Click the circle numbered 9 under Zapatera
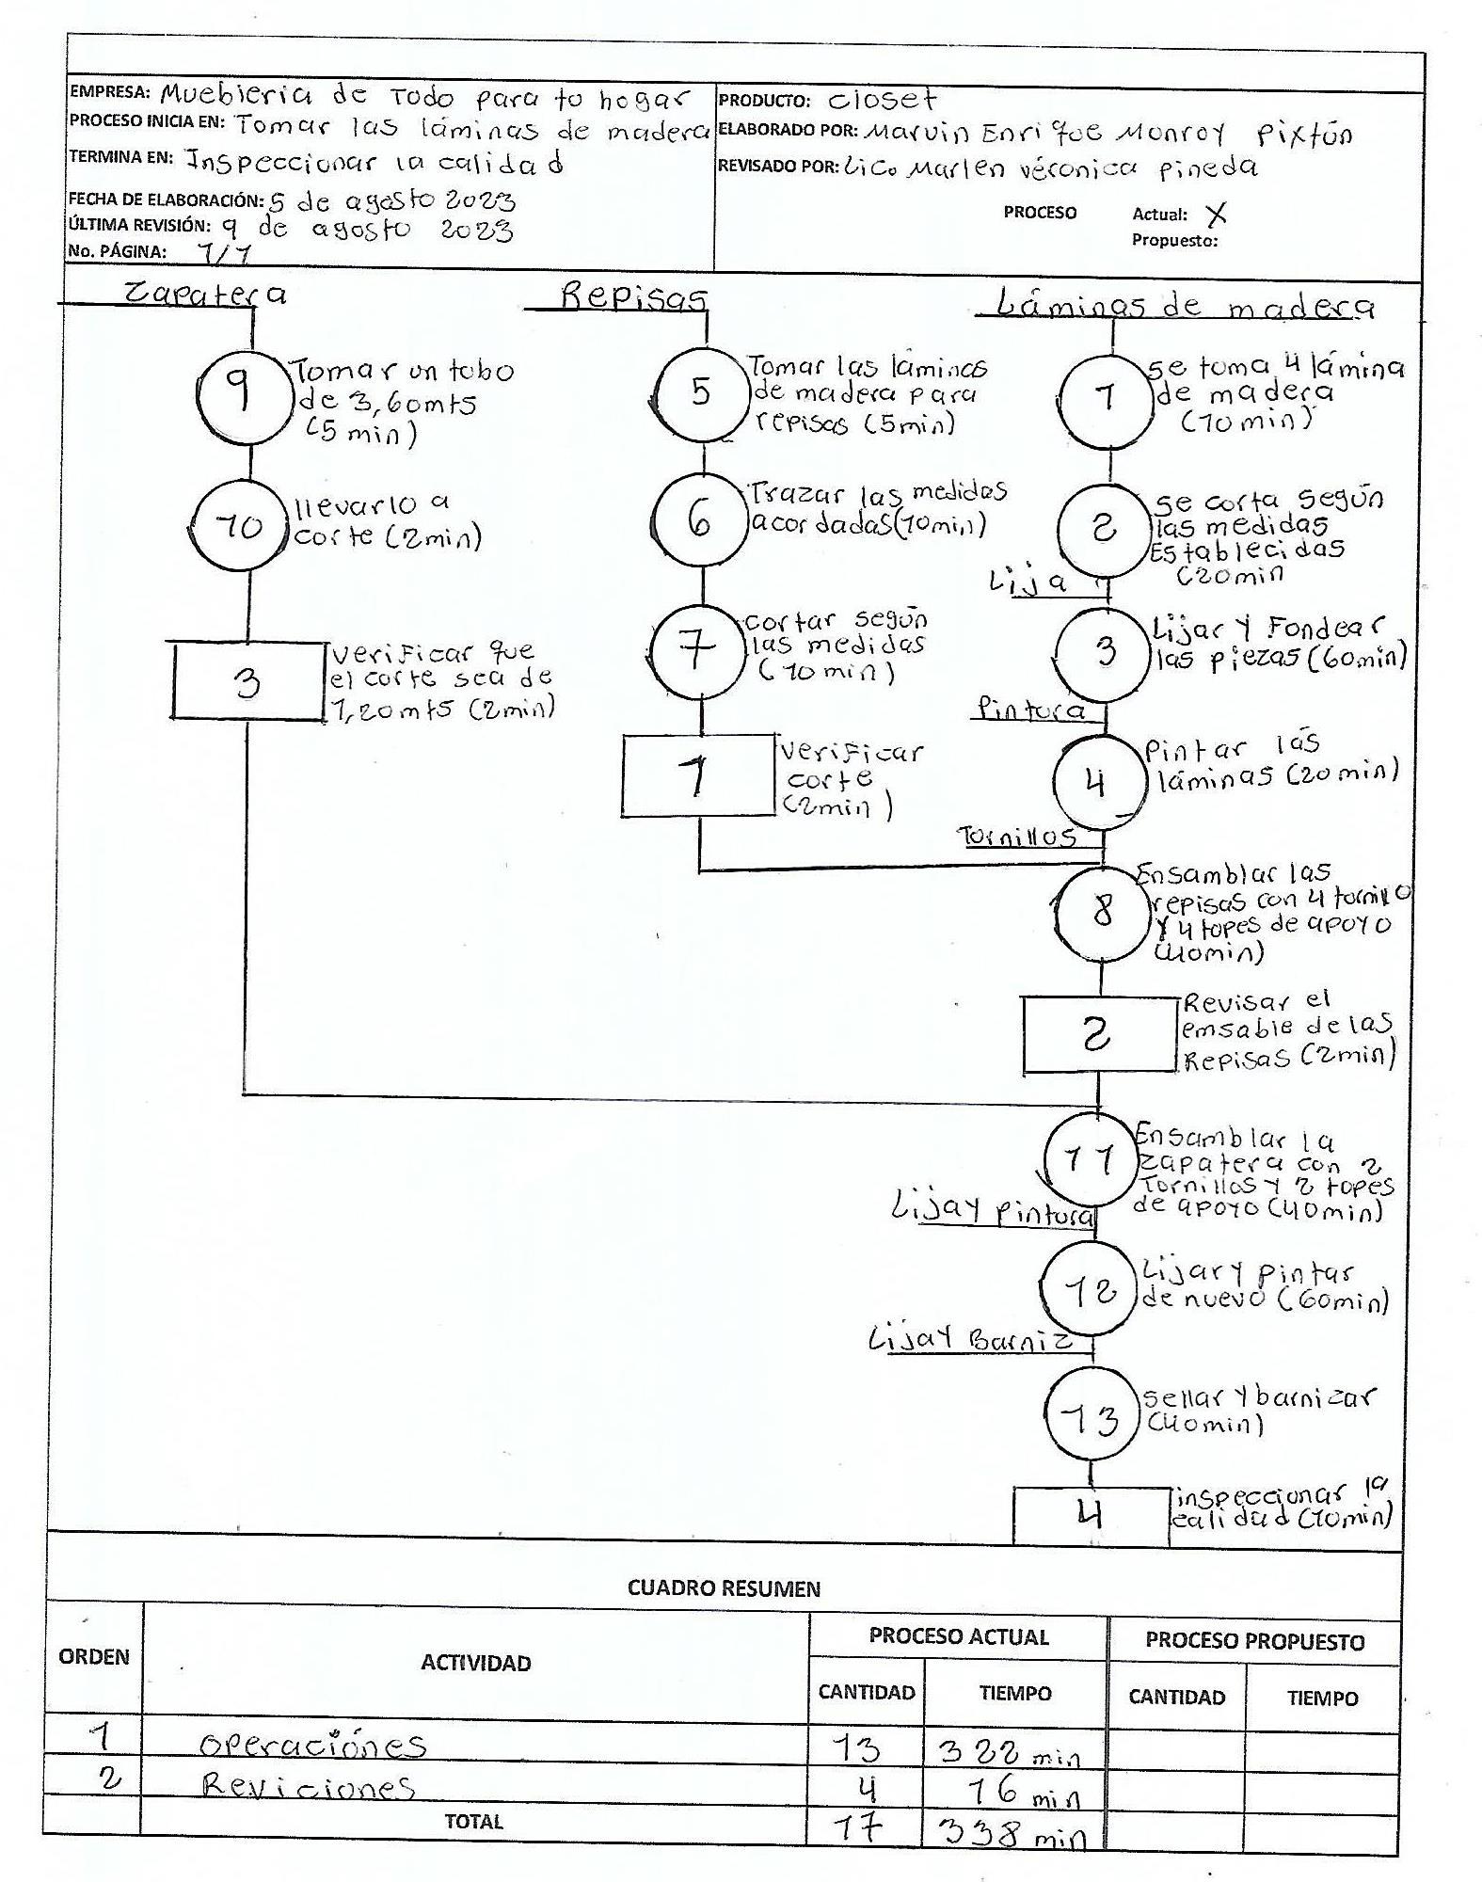pos(243,392)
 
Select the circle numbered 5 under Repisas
pos(700,392)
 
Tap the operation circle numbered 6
pos(700,521)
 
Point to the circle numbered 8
pos(1102,912)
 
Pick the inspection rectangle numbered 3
pos(247,681)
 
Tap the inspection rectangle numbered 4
pos(1090,1515)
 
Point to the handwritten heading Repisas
pos(633,297)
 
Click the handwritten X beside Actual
pos(1216,215)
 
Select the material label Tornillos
pos(1016,837)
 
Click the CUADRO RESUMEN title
pos(724,1589)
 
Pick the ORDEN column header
pos(94,1657)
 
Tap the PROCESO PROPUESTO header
pos(1254,1642)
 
